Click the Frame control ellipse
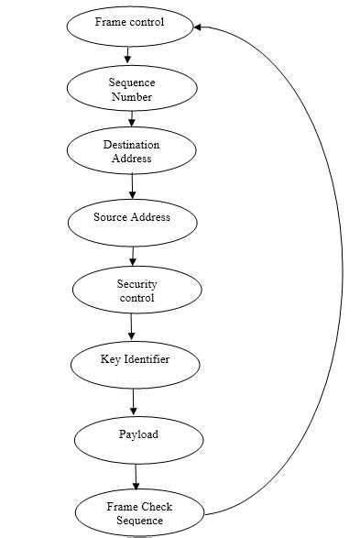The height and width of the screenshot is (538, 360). (130, 25)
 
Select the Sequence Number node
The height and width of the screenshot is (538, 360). (132, 89)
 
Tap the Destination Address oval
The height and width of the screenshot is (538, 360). (132, 151)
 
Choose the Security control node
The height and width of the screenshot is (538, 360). (136, 291)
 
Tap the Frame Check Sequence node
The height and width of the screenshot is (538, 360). (139, 513)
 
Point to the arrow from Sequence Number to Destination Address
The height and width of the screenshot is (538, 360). (132, 118)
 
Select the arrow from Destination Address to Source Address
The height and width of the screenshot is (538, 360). (132, 185)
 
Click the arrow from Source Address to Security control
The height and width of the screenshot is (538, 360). (133, 255)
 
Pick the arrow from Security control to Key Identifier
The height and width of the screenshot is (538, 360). (132, 325)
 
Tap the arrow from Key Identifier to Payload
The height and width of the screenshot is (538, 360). (134, 401)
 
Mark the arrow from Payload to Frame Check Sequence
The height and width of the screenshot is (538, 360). (136, 477)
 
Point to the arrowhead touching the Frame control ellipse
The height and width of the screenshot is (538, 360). (199, 27)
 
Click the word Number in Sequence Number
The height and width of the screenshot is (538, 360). (132, 96)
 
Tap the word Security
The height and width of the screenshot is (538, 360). (137, 284)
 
